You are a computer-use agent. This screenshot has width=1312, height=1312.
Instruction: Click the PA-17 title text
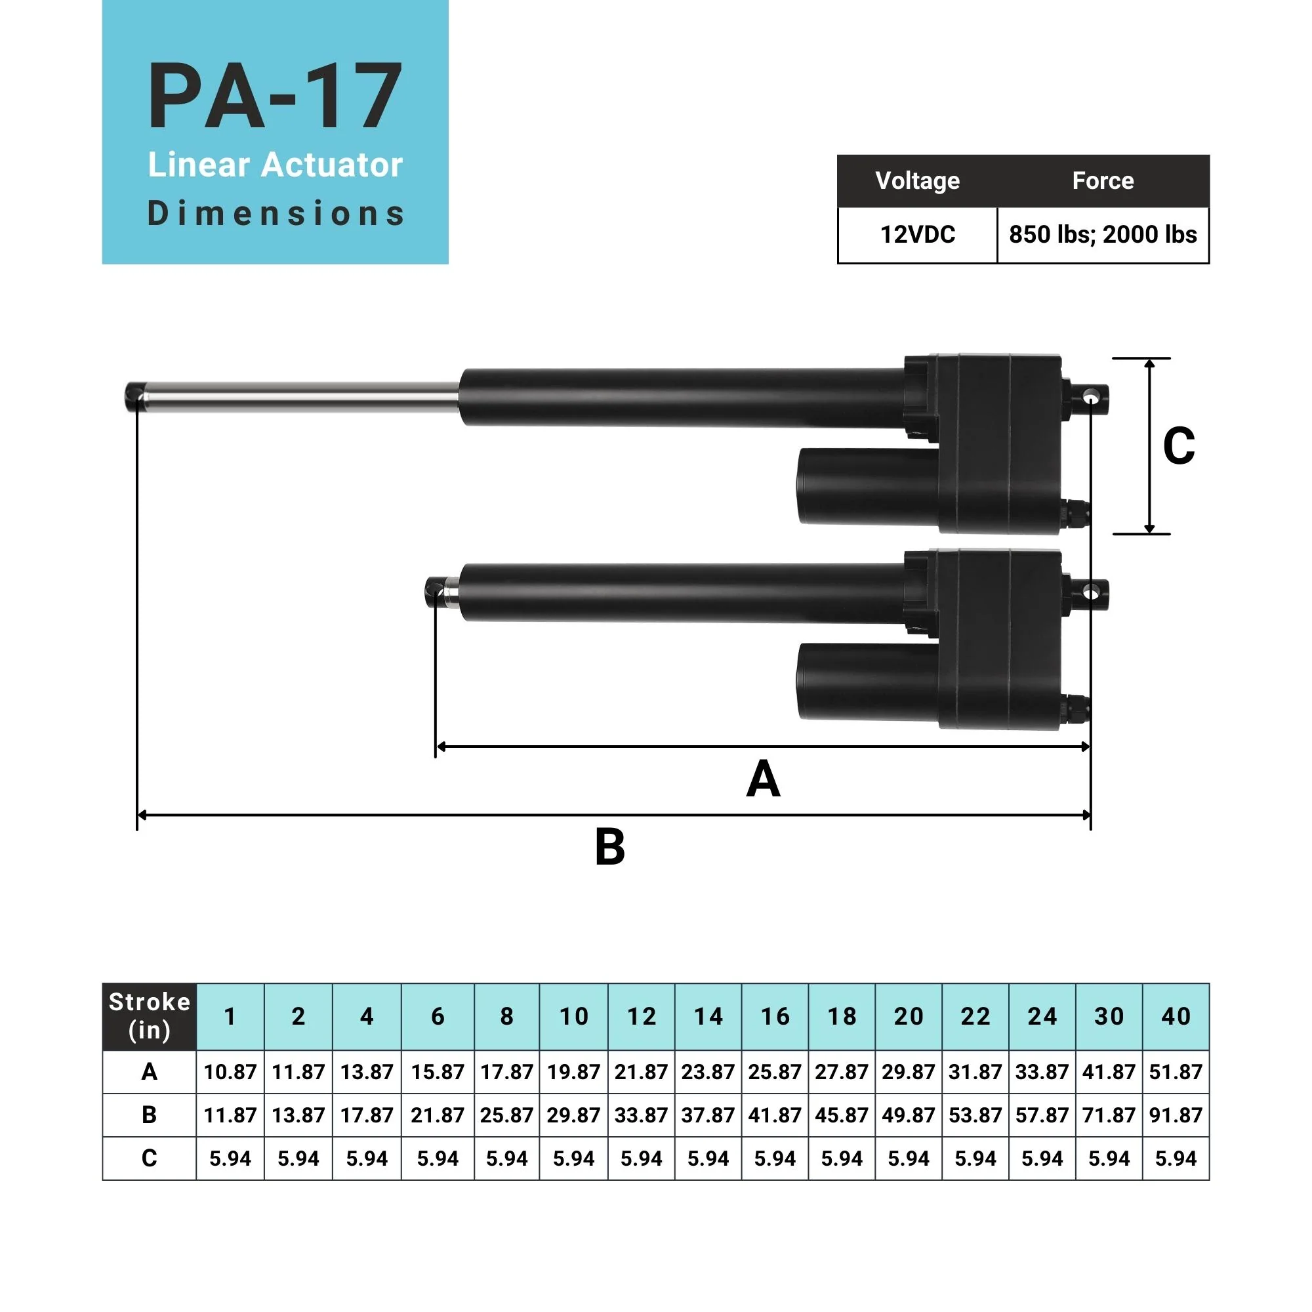(275, 96)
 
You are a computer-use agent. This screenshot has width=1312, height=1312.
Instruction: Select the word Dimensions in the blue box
(275, 213)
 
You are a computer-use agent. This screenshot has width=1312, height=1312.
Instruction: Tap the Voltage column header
(917, 180)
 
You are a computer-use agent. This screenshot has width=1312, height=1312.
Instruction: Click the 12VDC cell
(917, 234)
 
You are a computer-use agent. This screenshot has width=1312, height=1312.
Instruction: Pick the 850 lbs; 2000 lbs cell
(1102, 234)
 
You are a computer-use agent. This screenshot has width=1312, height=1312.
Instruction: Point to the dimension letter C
(1178, 446)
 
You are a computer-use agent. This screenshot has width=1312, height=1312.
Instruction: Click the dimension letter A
(763, 779)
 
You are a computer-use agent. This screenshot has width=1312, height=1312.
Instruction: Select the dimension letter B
(609, 847)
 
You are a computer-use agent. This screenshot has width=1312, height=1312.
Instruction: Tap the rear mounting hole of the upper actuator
(1090, 395)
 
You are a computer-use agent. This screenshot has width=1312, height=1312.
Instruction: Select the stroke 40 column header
(1176, 1016)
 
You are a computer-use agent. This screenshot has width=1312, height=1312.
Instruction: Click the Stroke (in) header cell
(150, 1016)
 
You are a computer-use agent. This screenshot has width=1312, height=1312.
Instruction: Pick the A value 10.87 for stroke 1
(230, 1072)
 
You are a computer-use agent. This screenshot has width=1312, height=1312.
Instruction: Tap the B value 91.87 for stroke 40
(1176, 1115)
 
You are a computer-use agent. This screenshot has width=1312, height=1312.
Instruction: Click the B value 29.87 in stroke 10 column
(573, 1115)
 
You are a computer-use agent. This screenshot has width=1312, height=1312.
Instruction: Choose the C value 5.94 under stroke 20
(908, 1158)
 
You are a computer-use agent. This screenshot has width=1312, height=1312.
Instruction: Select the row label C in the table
(150, 1158)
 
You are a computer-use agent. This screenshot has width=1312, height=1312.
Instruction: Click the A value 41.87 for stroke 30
(1108, 1072)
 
